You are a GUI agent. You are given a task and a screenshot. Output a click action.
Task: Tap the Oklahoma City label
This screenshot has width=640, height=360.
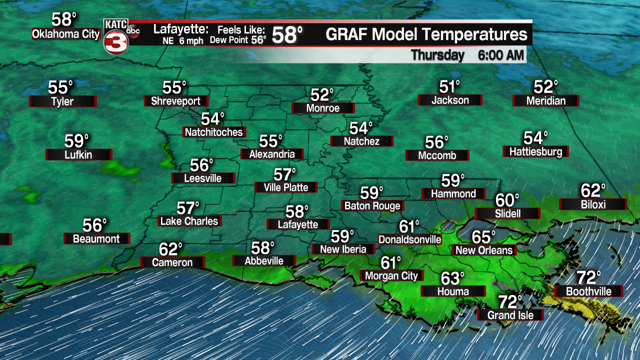click(x=66, y=34)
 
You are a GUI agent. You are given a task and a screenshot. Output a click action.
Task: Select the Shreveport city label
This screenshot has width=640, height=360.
click(x=175, y=101)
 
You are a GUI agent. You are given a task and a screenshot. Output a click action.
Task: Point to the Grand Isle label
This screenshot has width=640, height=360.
click(x=510, y=315)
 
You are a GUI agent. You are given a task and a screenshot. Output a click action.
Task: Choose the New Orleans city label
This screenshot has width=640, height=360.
click(x=484, y=250)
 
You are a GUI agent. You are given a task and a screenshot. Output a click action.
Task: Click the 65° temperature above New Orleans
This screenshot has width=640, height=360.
click(x=484, y=236)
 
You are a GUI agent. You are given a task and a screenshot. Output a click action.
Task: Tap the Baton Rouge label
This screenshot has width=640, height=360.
click(x=372, y=205)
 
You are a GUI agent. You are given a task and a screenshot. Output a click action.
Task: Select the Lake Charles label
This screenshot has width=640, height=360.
click(x=189, y=221)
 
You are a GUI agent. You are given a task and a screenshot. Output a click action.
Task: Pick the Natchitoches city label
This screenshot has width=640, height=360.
click(x=213, y=132)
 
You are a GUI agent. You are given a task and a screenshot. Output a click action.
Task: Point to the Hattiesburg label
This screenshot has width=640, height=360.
click(x=535, y=151)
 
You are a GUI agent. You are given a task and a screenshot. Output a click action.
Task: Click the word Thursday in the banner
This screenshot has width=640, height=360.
click(x=437, y=55)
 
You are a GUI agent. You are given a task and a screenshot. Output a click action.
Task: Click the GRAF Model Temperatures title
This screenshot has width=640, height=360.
click(x=426, y=35)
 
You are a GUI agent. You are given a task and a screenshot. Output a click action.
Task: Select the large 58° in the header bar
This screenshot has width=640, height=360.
click(x=287, y=35)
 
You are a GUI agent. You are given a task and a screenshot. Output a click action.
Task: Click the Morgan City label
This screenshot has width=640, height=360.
click(x=391, y=275)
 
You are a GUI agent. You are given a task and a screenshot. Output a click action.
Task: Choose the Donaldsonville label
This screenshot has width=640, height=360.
click(x=410, y=239)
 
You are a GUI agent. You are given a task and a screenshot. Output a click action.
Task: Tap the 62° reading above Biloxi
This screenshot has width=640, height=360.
click(x=593, y=190)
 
